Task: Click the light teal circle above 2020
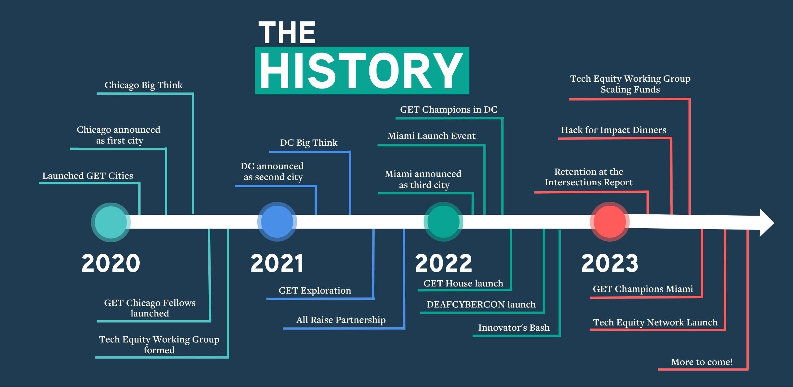[111, 222]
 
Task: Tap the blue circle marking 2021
[277, 221]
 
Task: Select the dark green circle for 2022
[443, 221]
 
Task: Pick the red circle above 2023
[610, 221]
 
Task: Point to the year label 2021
[277, 263]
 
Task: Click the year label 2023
[610, 263]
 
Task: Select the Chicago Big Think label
[144, 85]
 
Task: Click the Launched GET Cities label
[88, 176]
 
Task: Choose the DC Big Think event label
[309, 143]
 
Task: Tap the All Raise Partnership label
[341, 320]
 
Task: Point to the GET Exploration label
[315, 290]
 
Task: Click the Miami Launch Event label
[431, 136]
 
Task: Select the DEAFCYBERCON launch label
[481, 304]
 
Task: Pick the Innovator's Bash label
[514, 328]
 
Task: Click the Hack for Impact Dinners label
[613, 130]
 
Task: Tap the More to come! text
[702, 362]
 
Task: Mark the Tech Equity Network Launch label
[655, 322]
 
